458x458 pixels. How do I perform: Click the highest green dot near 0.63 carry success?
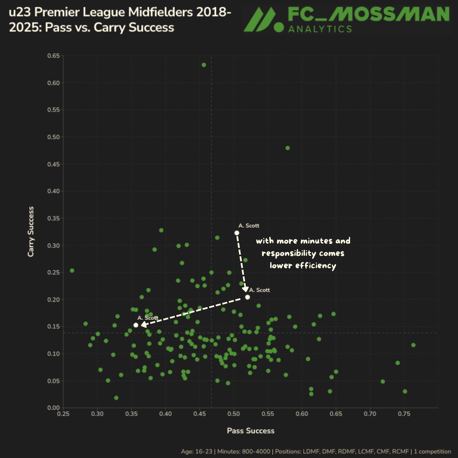[x=204, y=65]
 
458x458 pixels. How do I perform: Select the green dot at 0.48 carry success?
[x=288, y=148]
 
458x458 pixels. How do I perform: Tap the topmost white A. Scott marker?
[x=237, y=233]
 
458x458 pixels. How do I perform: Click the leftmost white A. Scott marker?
[x=136, y=325]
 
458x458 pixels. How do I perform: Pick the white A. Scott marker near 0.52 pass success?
[x=247, y=297]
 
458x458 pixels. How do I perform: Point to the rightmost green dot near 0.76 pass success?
[x=413, y=345]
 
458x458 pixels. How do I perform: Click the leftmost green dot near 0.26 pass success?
[x=72, y=271]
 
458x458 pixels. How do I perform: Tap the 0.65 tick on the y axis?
[x=53, y=56]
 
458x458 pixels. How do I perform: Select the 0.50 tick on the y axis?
[x=53, y=137]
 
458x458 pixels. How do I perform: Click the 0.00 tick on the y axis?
[x=53, y=408]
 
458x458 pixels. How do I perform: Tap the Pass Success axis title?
[x=251, y=431]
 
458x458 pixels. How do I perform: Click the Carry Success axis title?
[x=31, y=232]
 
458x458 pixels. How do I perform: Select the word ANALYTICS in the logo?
[x=320, y=29]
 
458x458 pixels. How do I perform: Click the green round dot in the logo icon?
[x=280, y=27]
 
